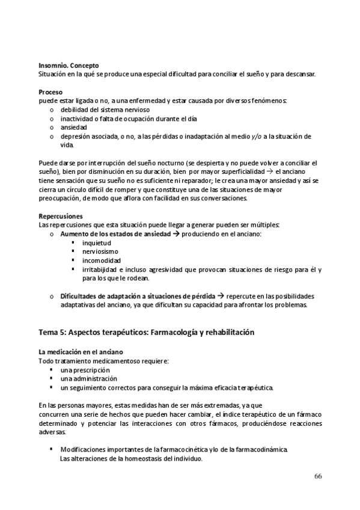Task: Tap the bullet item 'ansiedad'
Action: point(73,127)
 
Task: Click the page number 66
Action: point(318,476)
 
